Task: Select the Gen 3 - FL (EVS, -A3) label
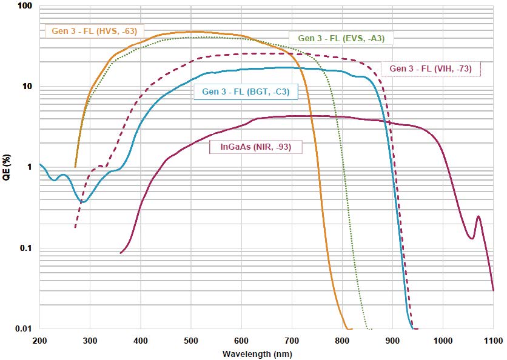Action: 342,38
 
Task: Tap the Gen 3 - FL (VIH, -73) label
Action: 430,68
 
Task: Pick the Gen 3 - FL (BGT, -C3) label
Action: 246,92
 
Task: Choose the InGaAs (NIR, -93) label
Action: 255,146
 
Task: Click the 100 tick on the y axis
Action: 26,6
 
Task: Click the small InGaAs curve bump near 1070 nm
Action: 478,216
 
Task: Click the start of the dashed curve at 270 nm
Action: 75,227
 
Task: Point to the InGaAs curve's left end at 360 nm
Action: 121,253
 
